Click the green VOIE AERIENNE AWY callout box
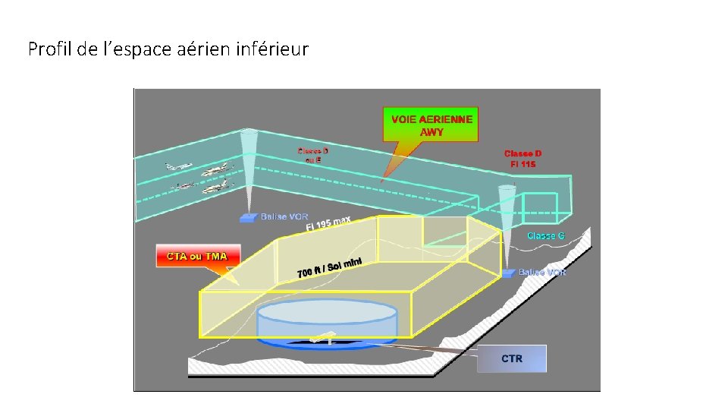point(431,125)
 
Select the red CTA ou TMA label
point(196,256)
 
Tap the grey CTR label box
point(512,358)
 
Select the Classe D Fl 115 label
point(522,159)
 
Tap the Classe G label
point(546,235)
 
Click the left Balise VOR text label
point(284,217)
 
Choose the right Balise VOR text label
point(542,272)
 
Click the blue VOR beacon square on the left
point(248,218)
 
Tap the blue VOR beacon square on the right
point(508,273)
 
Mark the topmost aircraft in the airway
point(179,166)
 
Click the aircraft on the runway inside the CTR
point(325,339)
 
